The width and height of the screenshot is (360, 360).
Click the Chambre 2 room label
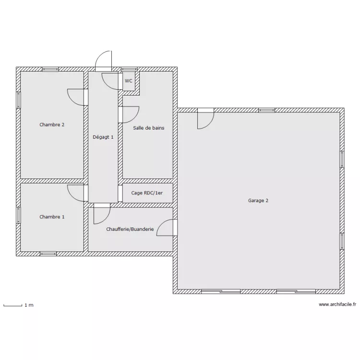[x=52, y=125]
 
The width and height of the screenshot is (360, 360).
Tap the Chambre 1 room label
[x=52, y=217]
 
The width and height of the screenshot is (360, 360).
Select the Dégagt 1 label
[x=103, y=137]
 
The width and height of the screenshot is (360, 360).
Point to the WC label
[x=129, y=81]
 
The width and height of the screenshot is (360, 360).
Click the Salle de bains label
[x=149, y=128]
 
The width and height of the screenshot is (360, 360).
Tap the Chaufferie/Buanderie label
[x=130, y=229]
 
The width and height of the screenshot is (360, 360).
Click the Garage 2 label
[x=258, y=201]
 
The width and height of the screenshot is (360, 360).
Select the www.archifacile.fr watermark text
[x=337, y=304]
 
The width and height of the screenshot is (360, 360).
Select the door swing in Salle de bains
[x=129, y=114]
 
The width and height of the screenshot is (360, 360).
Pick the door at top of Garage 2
[x=205, y=119]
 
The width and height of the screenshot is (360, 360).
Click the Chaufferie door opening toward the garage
[x=166, y=228]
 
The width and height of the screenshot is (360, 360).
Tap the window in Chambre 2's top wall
[x=50, y=70]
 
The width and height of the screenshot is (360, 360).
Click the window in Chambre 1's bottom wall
[x=48, y=253]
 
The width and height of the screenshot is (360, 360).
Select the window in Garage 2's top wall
[x=266, y=110]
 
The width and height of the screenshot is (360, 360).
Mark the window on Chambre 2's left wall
[x=19, y=100]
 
